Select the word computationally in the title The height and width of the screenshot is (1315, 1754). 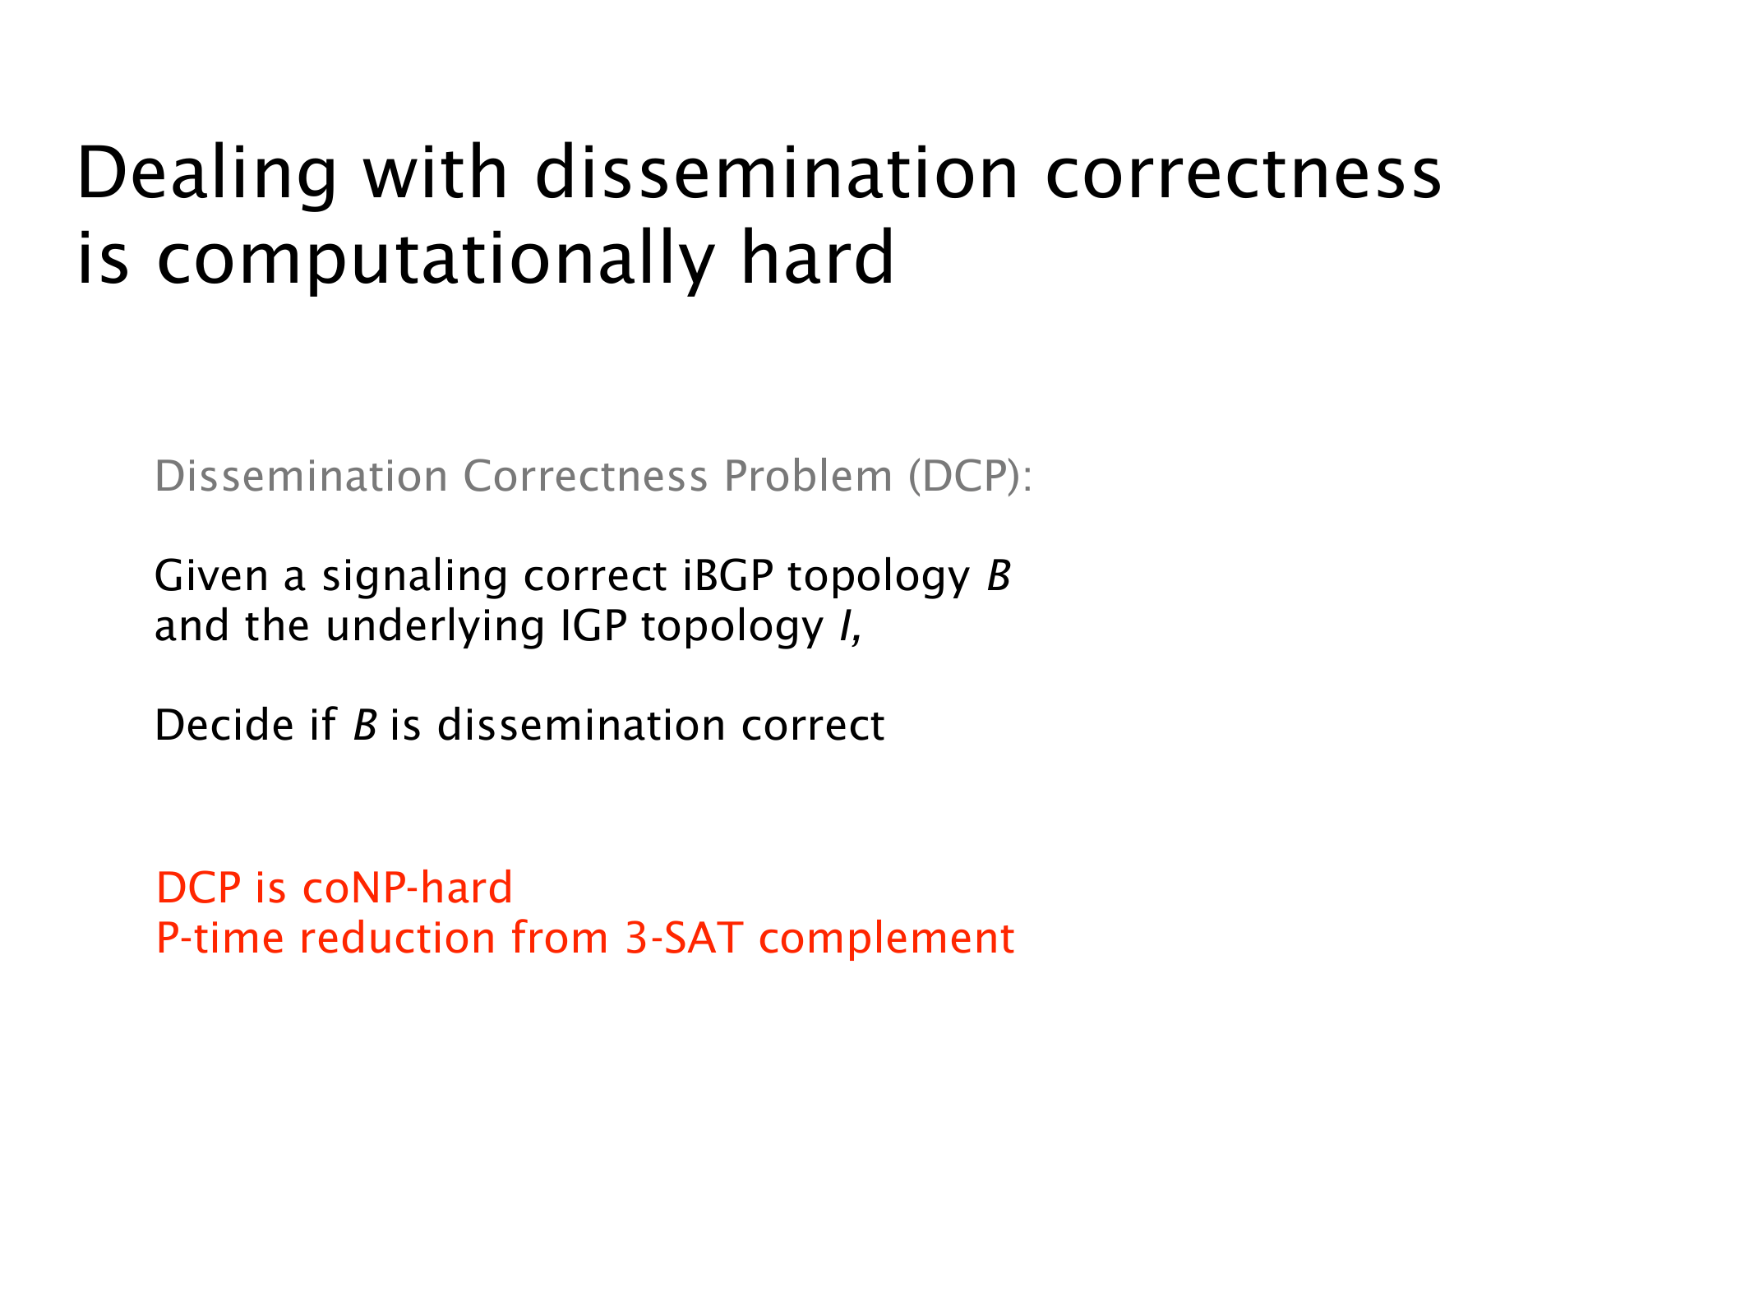click(436, 259)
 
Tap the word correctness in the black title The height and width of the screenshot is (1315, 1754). click(1244, 173)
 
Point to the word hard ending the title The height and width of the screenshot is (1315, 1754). click(817, 256)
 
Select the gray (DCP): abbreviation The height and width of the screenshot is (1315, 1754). click(970, 477)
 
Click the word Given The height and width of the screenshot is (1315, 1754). click(211, 575)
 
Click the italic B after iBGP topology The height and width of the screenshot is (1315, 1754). click(999, 575)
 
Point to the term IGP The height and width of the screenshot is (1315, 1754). click(594, 625)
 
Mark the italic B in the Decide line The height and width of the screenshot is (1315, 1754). click(365, 725)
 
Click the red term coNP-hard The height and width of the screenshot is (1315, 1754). click(408, 888)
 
